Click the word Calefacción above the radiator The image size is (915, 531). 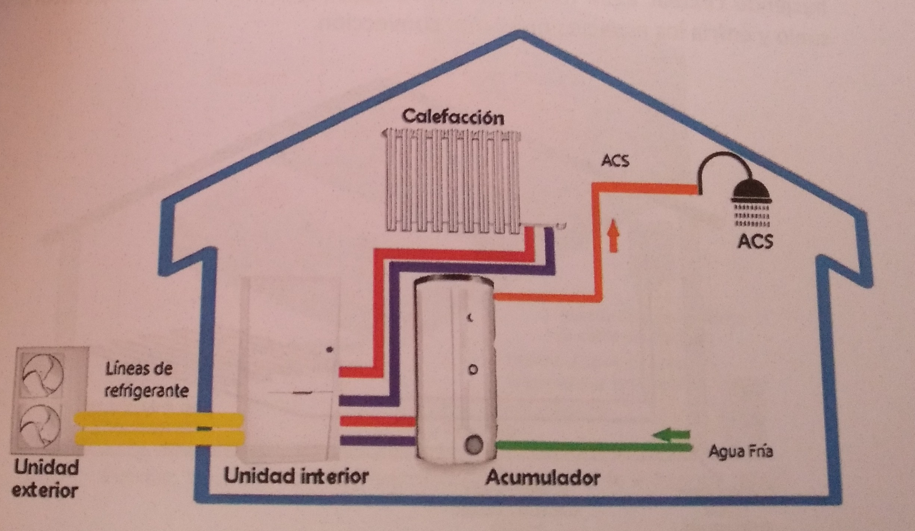coord(453,117)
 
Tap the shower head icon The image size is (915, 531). coord(752,193)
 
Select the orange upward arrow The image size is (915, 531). coord(614,235)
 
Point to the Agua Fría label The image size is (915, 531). coord(741,451)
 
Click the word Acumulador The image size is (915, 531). coord(543,478)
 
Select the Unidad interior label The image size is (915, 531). coord(296,476)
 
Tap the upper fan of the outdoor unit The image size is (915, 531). coord(43,375)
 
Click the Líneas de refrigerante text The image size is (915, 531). coord(146,380)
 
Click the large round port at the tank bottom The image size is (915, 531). coord(473,445)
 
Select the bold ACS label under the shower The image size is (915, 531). coord(755,241)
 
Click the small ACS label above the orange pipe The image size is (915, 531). coord(615,161)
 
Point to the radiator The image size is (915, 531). coord(453,181)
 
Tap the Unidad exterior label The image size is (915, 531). coord(46,478)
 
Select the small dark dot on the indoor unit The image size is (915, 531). coord(330,350)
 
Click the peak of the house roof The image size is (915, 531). coord(519,33)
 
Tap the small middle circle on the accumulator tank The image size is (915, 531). coord(473,370)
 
